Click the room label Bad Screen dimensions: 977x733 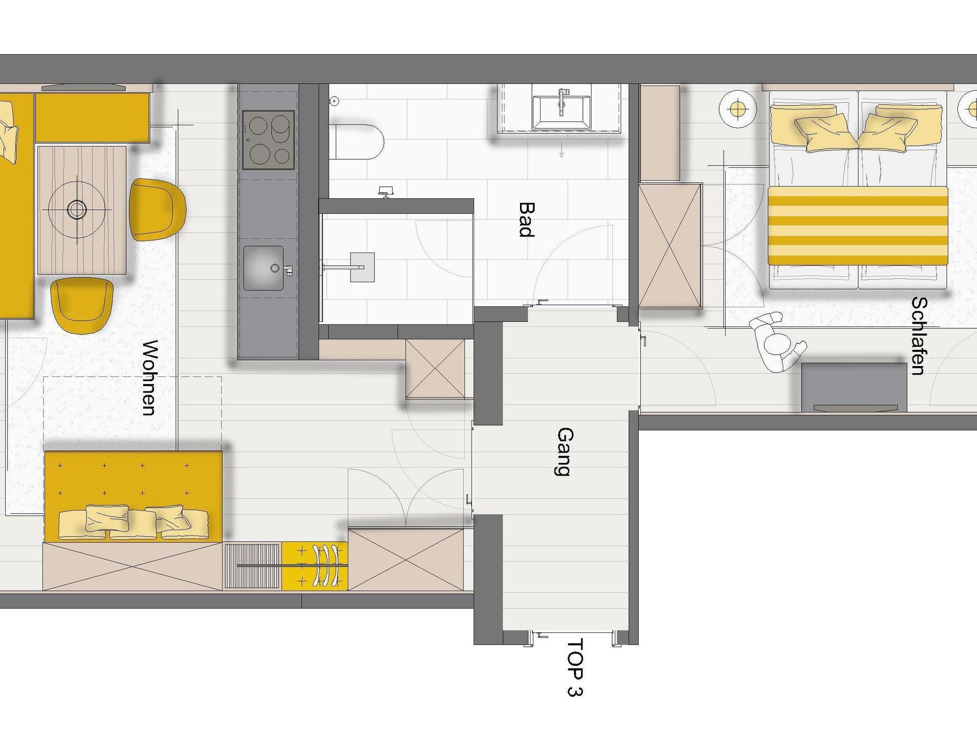click(527, 219)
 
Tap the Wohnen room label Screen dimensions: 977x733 click(149, 377)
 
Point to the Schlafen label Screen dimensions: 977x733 click(918, 336)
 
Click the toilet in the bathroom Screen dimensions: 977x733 click(357, 142)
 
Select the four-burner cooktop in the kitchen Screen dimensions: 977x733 click(268, 140)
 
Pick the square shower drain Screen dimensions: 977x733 click(362, 267)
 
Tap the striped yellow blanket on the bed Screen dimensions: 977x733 click(858, 225)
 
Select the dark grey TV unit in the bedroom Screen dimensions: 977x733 click(854, 387)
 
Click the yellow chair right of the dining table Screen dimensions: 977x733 click(157, 209)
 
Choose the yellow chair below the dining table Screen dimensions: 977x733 click(82, 305)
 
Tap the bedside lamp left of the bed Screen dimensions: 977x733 click(738, 109)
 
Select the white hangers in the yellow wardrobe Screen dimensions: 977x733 click(327, 565)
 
